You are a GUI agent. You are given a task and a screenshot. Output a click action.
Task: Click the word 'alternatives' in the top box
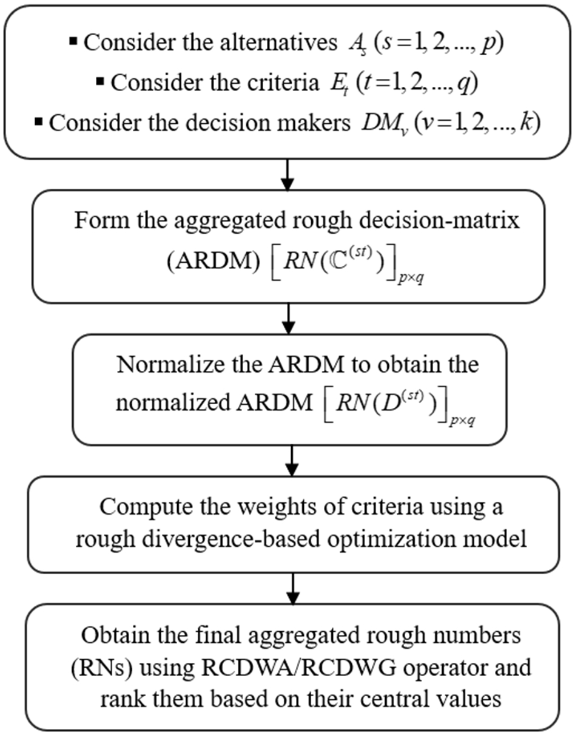point(278,43)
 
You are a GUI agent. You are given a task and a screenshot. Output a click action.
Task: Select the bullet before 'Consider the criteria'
point(100,81)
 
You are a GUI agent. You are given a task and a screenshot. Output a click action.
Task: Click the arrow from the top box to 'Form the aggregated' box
point(287,175)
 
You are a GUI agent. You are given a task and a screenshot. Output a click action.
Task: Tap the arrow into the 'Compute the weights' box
point(292,461)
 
